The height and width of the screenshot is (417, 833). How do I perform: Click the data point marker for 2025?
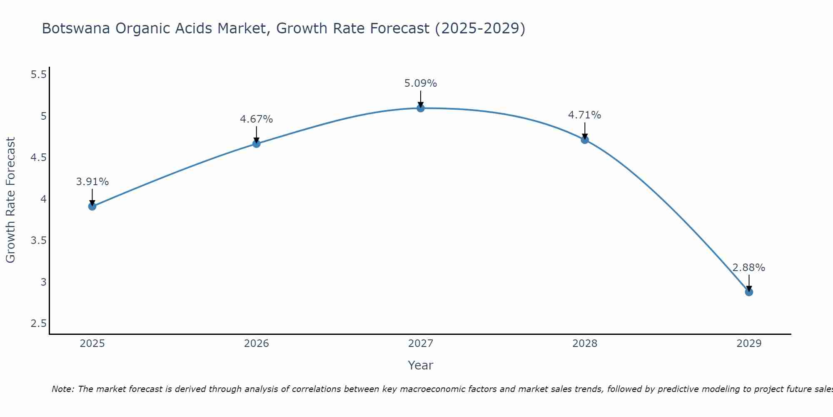point(92,206)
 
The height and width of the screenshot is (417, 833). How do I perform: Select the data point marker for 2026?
point(257,144)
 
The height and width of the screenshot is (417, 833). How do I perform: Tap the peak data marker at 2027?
point(421,108)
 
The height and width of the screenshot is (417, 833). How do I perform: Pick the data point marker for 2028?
point(585,140)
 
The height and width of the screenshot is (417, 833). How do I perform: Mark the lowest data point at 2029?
point(749,292)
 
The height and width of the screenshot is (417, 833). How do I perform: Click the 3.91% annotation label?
point(92,182)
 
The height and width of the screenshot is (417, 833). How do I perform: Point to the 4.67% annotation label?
point(257,119)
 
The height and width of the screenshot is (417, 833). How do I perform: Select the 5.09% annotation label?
point(421,83)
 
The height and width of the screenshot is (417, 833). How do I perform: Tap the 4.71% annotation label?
point(585,115)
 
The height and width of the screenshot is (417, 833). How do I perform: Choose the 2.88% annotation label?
point(749,268)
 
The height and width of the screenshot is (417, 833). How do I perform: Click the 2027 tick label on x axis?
point(421,344)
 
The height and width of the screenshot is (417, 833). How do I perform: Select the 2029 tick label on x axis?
point(749,344)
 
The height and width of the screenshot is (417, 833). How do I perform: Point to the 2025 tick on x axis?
point(92,344)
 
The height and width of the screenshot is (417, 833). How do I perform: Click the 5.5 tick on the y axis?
point(39,75)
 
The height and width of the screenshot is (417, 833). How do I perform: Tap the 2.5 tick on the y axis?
point(39,324)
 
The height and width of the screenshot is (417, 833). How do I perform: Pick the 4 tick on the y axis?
point(43,199)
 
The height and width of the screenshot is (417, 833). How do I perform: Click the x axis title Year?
point(421,365)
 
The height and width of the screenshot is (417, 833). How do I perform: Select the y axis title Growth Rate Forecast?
point(10,200)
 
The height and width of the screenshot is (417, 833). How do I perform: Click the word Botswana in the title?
point(76,29)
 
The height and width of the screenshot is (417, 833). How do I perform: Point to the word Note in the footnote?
point(62,389)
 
